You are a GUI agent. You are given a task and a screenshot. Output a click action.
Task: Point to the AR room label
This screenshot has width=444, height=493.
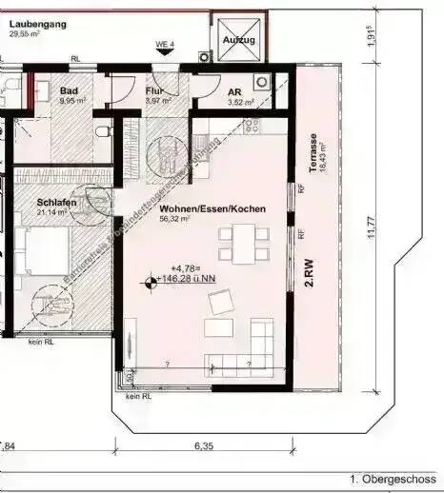click(234, 92)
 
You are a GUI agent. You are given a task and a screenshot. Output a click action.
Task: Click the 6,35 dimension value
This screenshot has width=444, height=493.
click(203, 444)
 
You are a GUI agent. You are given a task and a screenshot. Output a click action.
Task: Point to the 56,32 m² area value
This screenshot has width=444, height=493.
click(175, 218)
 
